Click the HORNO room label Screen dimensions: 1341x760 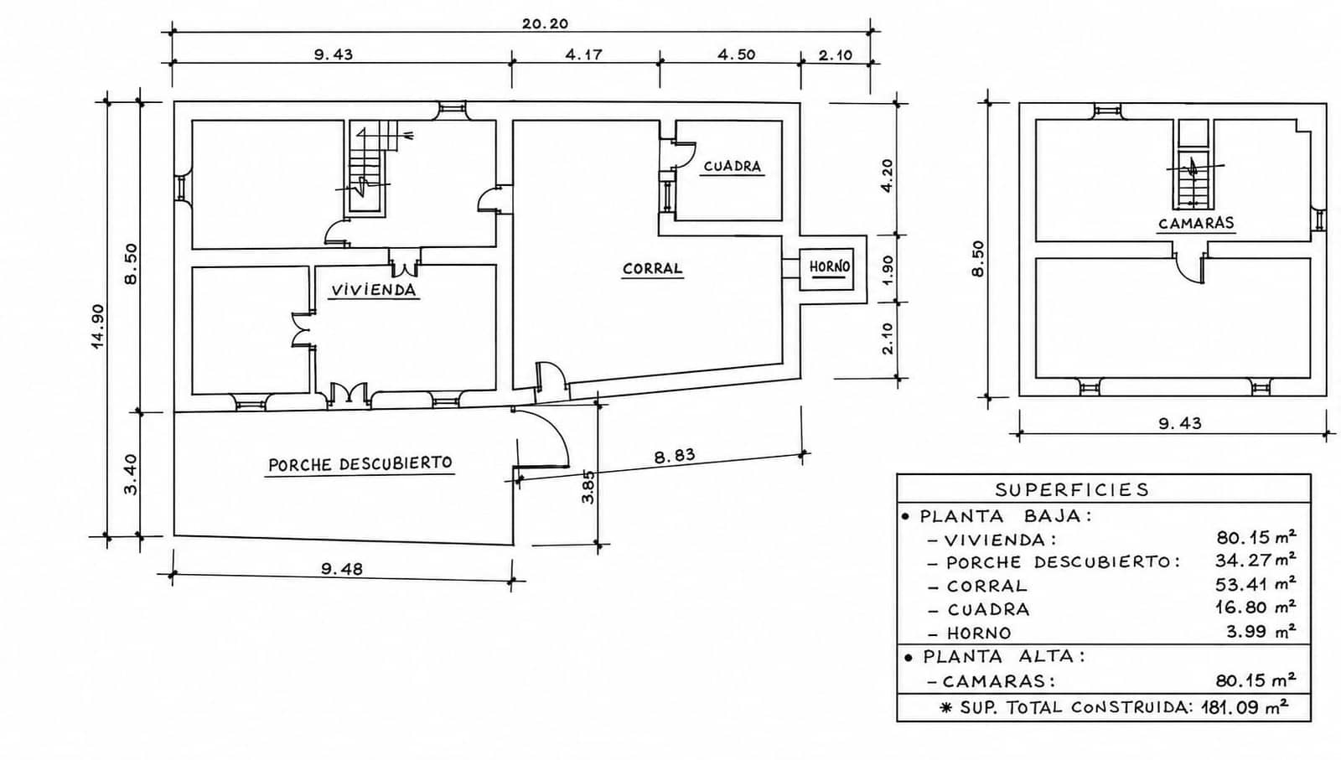click(829, 266)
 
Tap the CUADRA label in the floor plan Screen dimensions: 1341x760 click(732, 167)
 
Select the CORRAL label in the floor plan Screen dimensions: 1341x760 click(652, 269)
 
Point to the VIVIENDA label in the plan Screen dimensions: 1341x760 click(374, 290)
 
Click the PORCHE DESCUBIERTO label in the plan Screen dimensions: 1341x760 click(360, 464)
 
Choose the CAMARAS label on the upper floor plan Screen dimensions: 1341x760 click(1196, 223)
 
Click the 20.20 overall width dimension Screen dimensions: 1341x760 click(545, 24)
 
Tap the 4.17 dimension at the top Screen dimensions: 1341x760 click(583, 55)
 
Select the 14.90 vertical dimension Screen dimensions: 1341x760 click(98, 326)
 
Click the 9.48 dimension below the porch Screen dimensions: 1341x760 click(342, 568)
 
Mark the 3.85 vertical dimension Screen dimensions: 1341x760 click(588, 487)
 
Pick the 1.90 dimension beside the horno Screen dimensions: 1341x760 click(888, 270)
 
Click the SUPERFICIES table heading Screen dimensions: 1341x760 click(1072, 490)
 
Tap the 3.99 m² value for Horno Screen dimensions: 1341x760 click(1261, 631)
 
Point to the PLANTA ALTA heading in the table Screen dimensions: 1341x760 click(1003, 657)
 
